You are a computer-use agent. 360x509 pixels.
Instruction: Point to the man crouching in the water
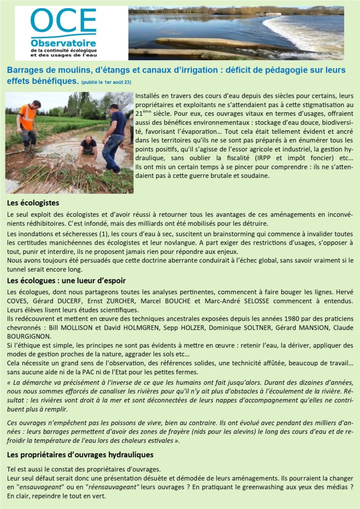[89, 149]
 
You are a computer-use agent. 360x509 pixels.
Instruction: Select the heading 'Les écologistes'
[33, 203]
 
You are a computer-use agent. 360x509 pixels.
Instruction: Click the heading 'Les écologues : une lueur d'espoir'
[67, 281]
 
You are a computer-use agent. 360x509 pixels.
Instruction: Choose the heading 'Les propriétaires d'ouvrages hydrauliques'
[80, 454]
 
